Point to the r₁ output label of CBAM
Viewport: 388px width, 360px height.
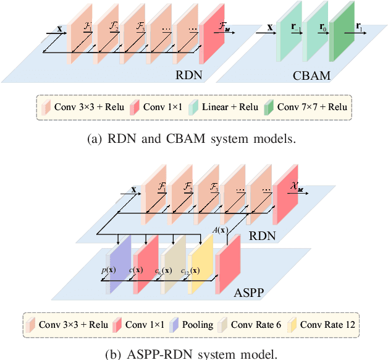(360, 28)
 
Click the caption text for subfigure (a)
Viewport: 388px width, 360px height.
(193, 139)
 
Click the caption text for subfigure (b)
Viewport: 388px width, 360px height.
(193, 354)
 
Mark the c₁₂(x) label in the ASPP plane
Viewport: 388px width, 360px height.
(190, 270)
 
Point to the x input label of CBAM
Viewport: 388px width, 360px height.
(270, 28)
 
